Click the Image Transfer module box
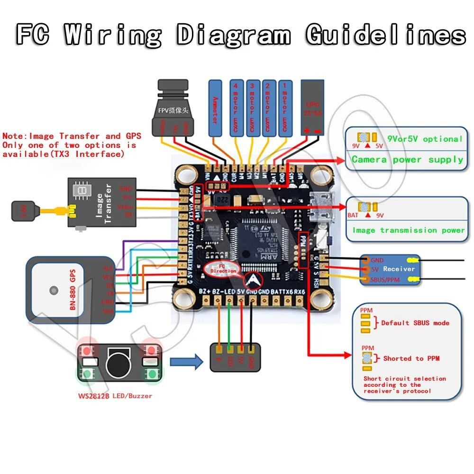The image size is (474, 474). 102,201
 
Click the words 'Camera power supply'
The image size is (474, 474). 407,159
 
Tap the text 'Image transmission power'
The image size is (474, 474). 408,230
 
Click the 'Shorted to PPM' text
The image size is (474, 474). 411,358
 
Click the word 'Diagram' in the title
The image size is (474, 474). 235,36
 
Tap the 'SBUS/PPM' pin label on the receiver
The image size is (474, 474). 386,280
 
